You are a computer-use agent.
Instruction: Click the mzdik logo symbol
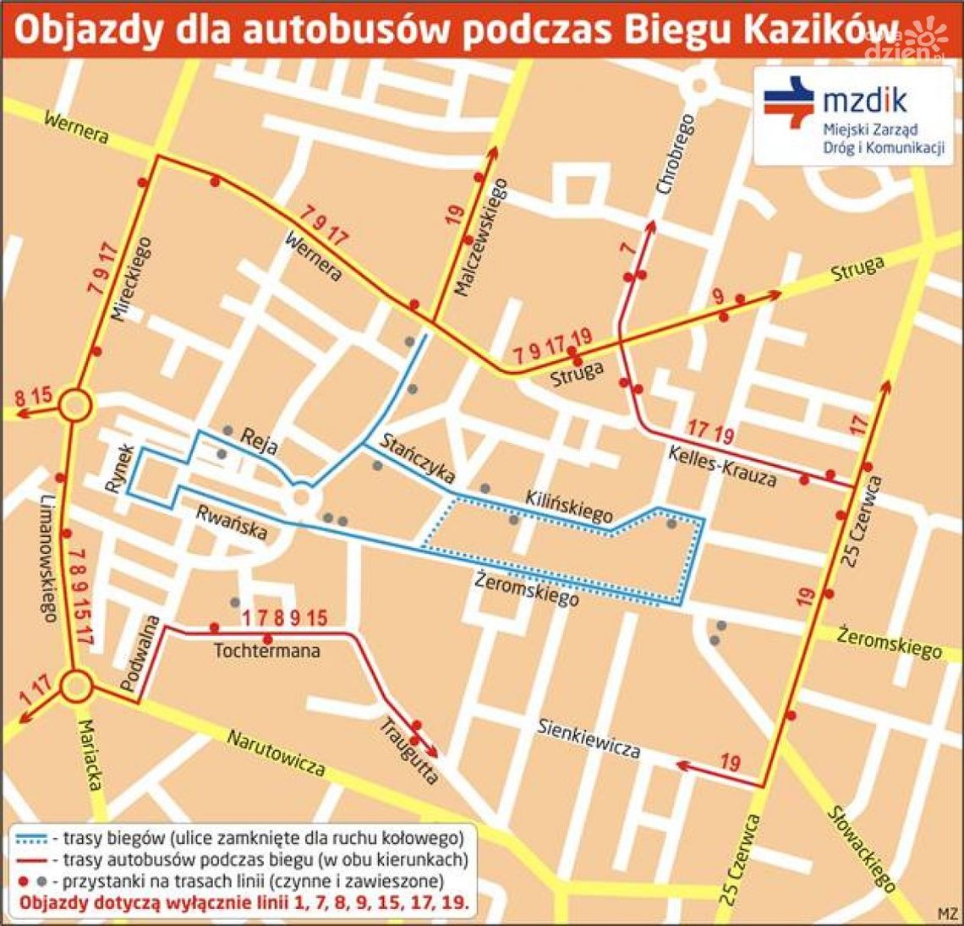(x=788, y=102)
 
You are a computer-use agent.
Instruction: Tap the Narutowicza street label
(x=275, y=753)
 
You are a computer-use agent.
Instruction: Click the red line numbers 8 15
(x=34, y=394)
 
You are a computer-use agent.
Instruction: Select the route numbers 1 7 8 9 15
(x=284, y=618)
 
